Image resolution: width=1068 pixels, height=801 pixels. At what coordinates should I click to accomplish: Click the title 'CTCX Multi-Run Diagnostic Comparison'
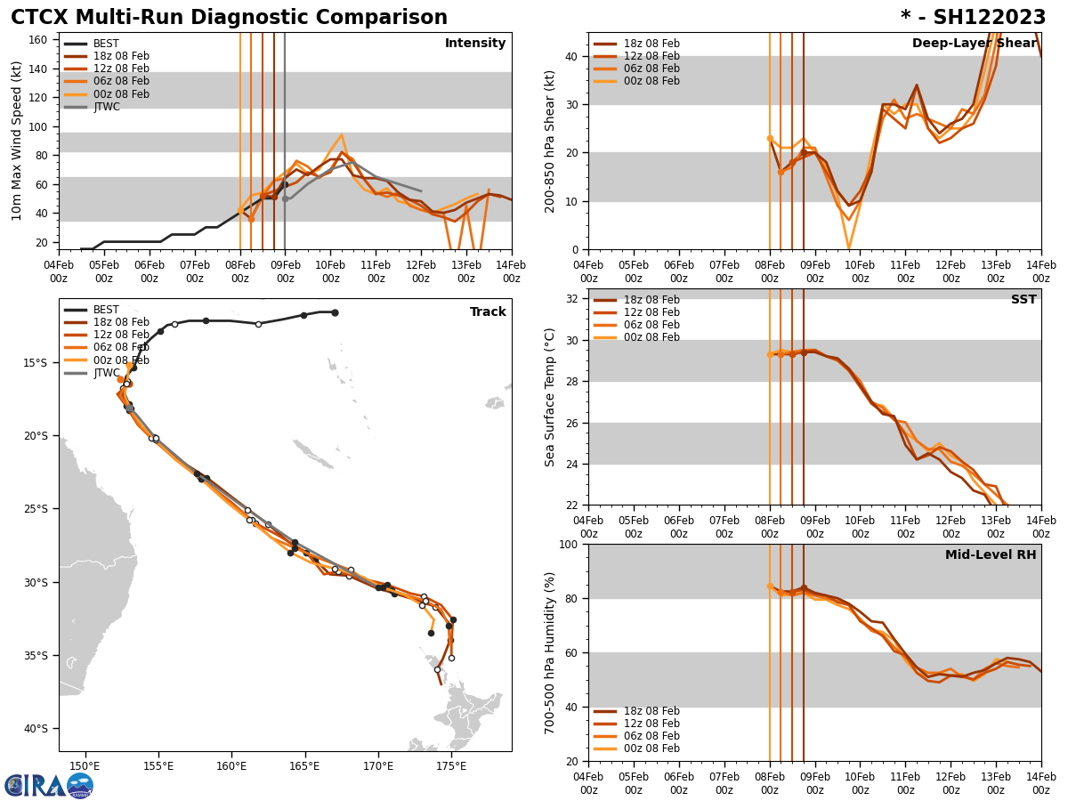[x=229, y=18]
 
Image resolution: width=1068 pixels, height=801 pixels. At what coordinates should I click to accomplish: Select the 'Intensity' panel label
[x=474, y=44]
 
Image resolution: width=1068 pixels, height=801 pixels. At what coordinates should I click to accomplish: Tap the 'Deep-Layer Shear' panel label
[x=974, y=44]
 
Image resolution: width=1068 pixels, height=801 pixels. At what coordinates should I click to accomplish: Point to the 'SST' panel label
[x=1023, y=300]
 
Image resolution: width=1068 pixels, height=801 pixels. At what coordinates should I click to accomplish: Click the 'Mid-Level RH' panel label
[x=990, y=555]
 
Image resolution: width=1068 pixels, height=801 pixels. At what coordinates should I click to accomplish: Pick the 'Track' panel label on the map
[x=488, y=312]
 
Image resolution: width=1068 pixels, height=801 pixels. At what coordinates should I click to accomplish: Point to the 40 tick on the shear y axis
[x=571, y=56]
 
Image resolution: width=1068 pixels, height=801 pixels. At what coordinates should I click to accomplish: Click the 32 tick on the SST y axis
[x=571, y=299]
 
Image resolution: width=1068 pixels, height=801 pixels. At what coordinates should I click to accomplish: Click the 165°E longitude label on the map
[x=304, y=765]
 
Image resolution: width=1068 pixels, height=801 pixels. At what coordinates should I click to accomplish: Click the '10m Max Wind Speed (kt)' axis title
[x=17, y=141]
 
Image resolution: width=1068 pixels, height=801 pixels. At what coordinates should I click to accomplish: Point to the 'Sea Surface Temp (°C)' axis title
[x=550, y=397]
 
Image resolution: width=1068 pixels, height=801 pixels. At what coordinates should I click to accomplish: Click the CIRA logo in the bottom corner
[x=49, y=785]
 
